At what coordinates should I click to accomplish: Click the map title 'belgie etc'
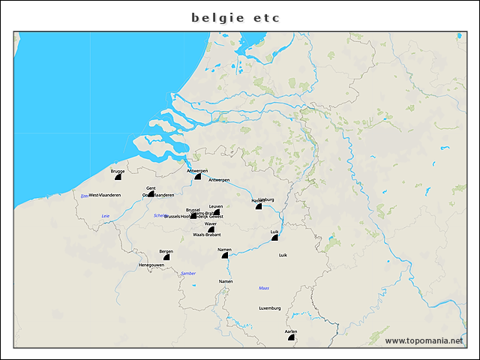[235, 16]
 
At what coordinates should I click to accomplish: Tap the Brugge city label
[117, 171]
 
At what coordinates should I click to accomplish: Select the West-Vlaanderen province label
[105, 195]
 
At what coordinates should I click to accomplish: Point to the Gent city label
[151, 187]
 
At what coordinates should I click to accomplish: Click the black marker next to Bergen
[166, 256]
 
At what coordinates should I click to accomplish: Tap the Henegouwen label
[151, 265]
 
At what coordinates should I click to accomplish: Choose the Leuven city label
[216, 205]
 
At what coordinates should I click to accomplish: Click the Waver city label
[211, 223]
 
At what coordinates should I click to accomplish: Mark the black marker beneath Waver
[211, 229]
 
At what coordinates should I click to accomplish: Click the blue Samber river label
[188, 273]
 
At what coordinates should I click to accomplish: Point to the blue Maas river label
[263, 287]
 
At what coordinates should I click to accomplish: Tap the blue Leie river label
[105, 216]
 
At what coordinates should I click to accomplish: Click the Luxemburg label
[269, 308]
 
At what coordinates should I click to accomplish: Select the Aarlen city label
[291, 331]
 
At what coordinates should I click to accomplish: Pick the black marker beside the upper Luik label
[275, 238]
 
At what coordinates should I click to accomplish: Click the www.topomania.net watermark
[424, 340]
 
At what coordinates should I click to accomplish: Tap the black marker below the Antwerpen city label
[198, 176]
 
